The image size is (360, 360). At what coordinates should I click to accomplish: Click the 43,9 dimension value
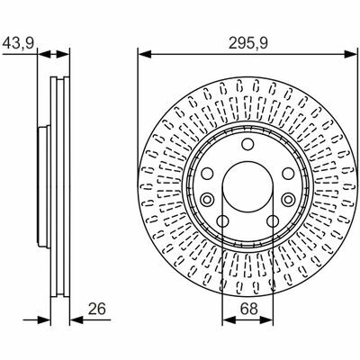[18, 44]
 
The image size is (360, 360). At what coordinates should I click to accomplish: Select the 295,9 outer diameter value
[247, 44]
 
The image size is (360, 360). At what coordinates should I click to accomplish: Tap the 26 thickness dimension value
[97, 310]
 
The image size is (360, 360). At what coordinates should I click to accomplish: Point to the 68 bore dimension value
[249, 309]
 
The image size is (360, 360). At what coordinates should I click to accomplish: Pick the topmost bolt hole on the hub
[247, 144]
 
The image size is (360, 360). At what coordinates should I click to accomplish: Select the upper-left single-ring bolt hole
[207, 174]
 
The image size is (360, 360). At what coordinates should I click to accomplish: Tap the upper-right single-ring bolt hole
[288, 174]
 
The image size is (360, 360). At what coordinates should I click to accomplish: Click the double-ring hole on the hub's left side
[207, 199]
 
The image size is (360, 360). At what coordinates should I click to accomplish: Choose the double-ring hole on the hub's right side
[288, 199]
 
